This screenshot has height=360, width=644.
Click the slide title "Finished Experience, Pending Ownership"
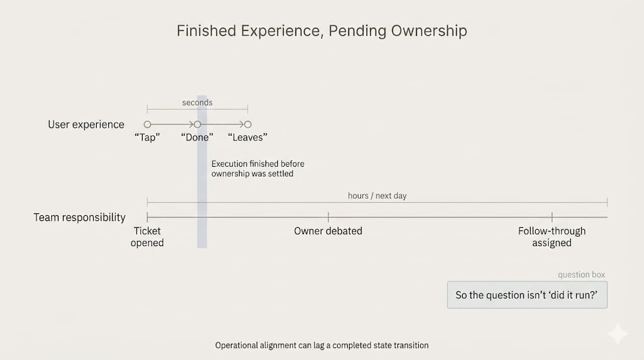pos(321,31)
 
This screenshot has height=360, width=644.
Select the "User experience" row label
pos(86,125)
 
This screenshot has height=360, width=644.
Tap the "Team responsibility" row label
pos(79,217)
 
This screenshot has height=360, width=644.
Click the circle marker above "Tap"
pos(147,125)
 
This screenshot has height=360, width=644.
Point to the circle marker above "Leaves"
pos(248,125)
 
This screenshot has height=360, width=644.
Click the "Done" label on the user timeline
pos(197,137)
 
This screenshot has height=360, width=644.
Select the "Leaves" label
pos(248,137)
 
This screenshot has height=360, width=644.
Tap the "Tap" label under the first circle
pos(147,137)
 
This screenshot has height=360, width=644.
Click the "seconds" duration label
pos(197,103)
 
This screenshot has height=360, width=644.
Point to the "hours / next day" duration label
pos(377,196)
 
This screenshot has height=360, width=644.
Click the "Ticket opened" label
pos(147,237)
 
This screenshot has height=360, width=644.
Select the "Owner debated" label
pos(328,231)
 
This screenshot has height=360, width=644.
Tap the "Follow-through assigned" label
pos(552,237)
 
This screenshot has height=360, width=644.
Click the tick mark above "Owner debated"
pos(328,217)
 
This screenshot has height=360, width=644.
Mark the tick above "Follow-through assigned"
pos(552,217)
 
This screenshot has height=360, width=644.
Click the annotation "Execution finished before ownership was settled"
pos(258,169)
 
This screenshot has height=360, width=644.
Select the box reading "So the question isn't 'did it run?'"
pos(527,295)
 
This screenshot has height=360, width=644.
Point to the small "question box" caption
pos(582,275)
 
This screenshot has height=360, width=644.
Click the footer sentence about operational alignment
pos(321,346)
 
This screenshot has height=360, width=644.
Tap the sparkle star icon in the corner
pos(618,334)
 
